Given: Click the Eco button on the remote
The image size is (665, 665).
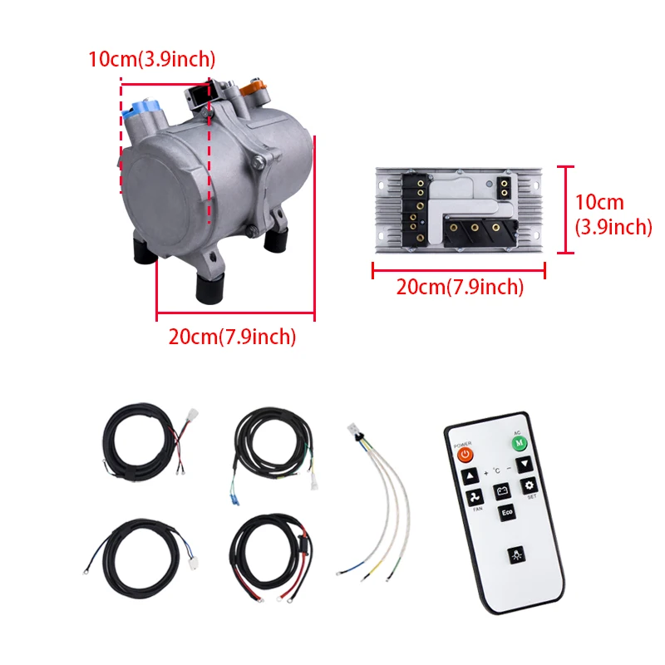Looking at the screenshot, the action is tap(505, 513).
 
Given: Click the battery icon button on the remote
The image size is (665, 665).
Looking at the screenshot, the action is tap(502, 491).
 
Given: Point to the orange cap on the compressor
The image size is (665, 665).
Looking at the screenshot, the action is tap(253, 86).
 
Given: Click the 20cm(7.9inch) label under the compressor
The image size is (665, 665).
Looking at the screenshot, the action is tap(232, 337).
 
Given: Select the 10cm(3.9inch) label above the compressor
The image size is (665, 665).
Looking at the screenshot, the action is tap(152, 59).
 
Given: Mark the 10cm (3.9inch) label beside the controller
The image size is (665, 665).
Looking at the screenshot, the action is tap(613, 214).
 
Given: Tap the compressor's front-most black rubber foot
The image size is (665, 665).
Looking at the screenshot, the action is tap(209, 288).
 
